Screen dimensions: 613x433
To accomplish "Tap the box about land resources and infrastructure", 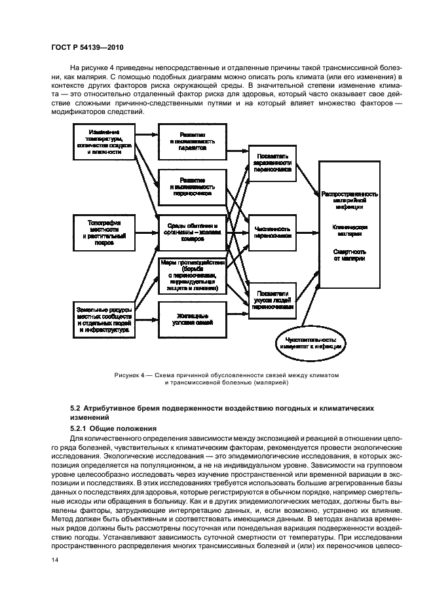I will [x=105, y=319].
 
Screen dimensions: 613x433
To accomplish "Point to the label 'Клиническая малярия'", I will [x=349, y=231].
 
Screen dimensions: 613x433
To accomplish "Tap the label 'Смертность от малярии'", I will [x=349, y=255].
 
